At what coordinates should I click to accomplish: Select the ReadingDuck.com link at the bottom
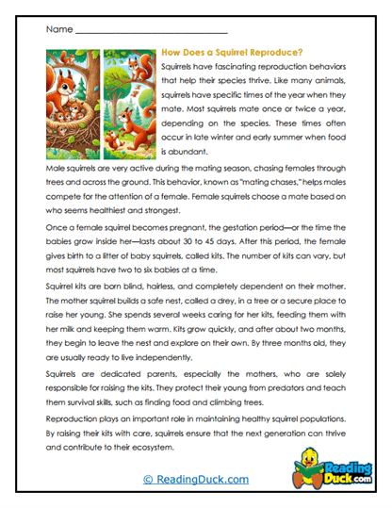(x=196, y=479)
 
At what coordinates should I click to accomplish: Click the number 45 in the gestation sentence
(x=220, y=239)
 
